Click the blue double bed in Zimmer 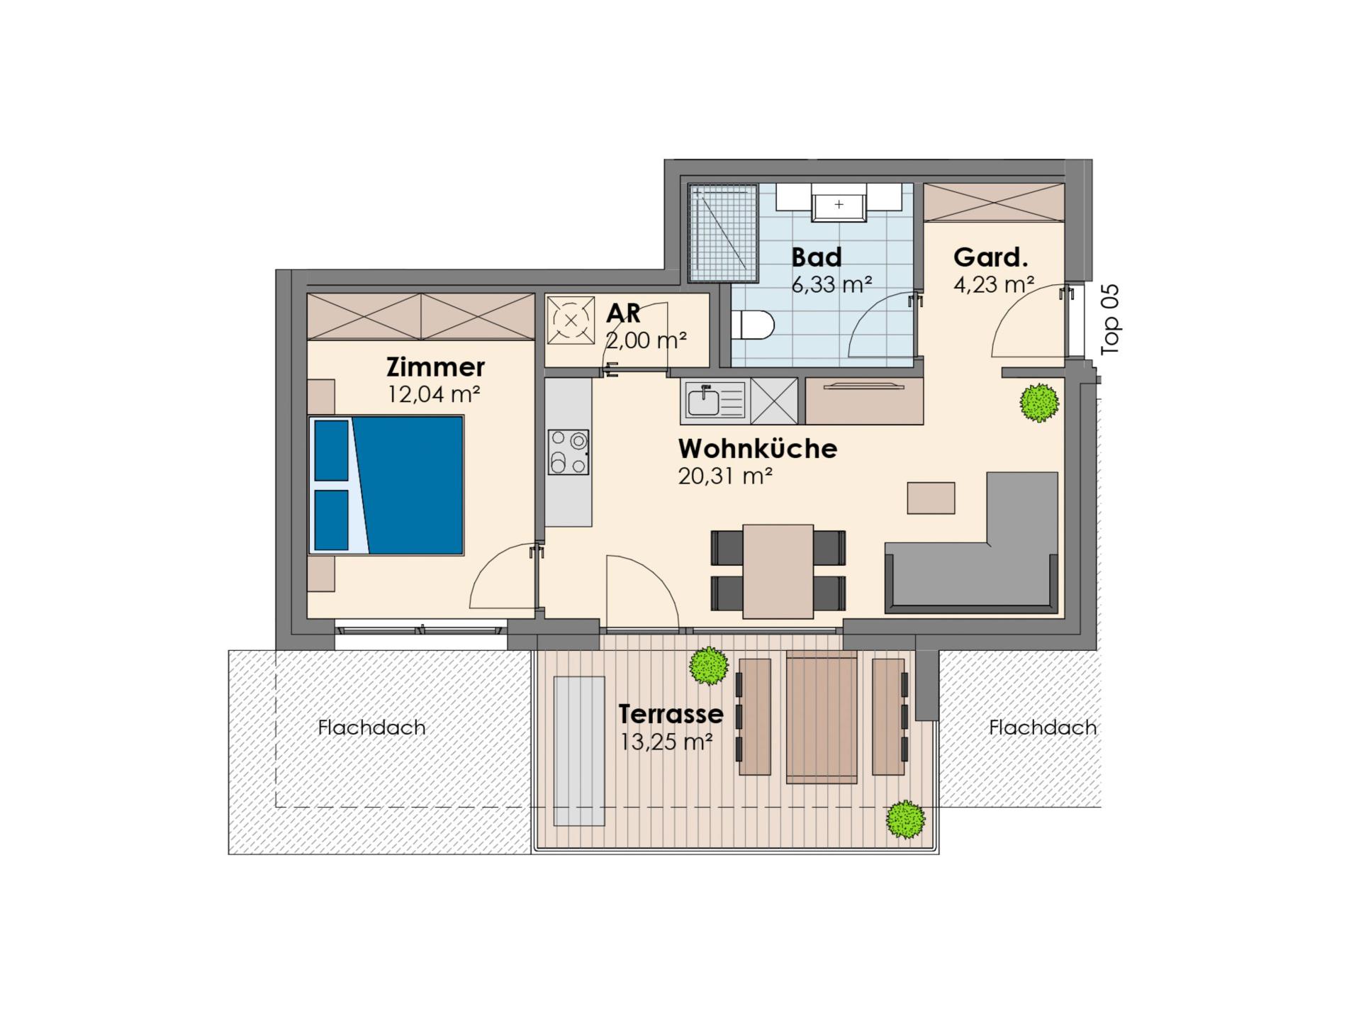tap(386, 485)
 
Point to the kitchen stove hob tap(569, 452)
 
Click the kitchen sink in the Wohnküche tap(714, 401)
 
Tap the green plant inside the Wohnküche tap(1039, 403)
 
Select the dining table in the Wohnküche tap(778, 571)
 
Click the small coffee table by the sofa tap(931, 498)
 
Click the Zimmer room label tap(435, 367)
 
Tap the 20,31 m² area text tap(724, 476)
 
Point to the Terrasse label tap(671, 713)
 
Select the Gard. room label tap(990, 257)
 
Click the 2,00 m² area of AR tap(646, 340)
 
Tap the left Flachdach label tap(371, 727)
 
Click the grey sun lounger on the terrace tap(579, 751)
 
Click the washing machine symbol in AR tap(571, 320)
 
